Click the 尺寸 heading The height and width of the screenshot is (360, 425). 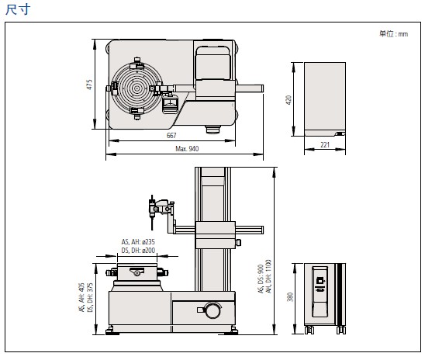pos(18,10)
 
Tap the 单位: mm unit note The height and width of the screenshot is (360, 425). pos(393,33)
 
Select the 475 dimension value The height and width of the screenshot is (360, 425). pos(89,85)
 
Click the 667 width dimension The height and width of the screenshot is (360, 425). pos(171,135)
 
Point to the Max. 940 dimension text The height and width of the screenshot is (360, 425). pos(187,148)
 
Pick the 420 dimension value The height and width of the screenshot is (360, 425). pos(289,100)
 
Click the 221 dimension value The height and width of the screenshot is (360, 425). pos(325,145)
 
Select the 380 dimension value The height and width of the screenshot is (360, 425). pos(290,296)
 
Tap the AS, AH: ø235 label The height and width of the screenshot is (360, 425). pos(138,241)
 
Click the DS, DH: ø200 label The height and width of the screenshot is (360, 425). pos(138,250)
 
